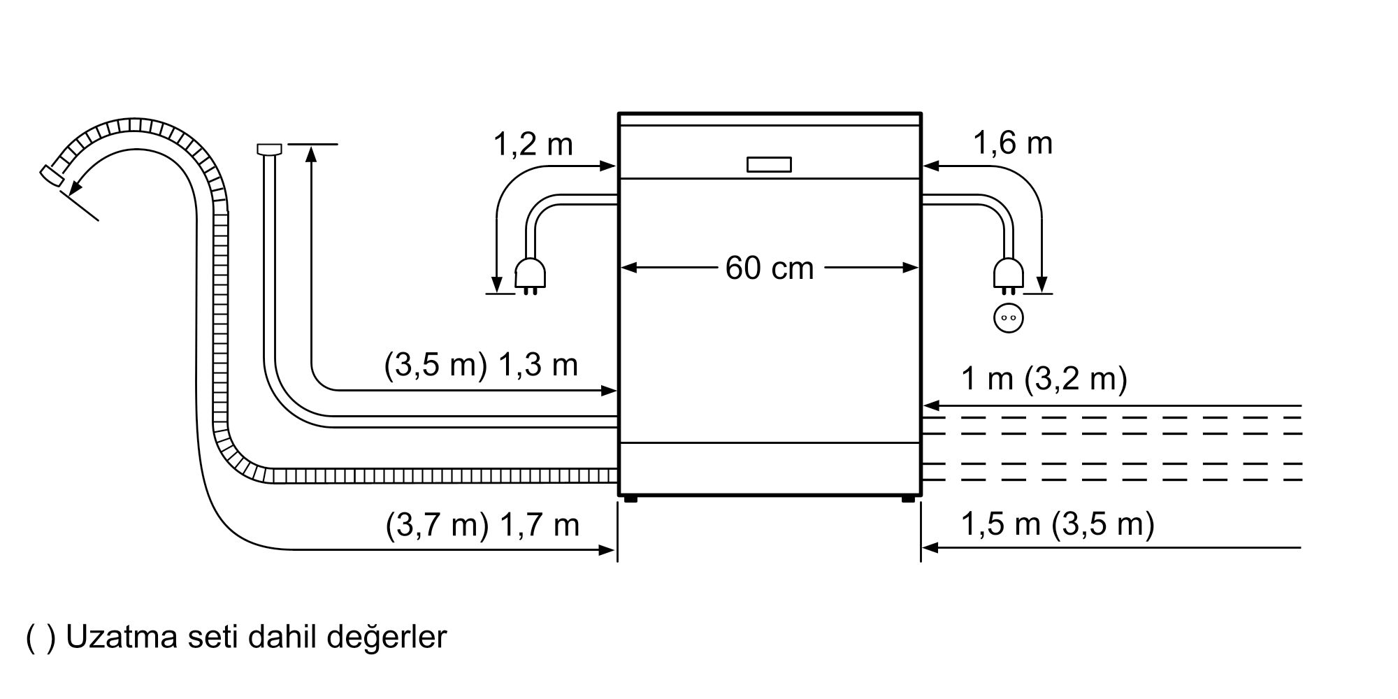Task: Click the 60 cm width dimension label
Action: [769, 268]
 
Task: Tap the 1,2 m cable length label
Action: [533, 145]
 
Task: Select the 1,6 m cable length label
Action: [1013, 143]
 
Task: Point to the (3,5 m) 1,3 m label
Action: [481, 365]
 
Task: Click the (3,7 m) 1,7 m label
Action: [482, 525]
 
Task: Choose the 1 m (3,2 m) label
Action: [1044, 379]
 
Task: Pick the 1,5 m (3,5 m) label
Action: [1057, 524]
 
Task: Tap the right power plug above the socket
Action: [1008, 274]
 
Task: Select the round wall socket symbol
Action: [1008, 318]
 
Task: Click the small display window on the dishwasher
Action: [769, 164]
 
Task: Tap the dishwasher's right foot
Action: [908, 498]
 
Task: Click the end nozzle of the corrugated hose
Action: [52, 175]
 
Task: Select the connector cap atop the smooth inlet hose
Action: [269, 148]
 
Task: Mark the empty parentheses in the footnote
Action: [40, 638]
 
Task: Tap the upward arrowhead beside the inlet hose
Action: [312, 154]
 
